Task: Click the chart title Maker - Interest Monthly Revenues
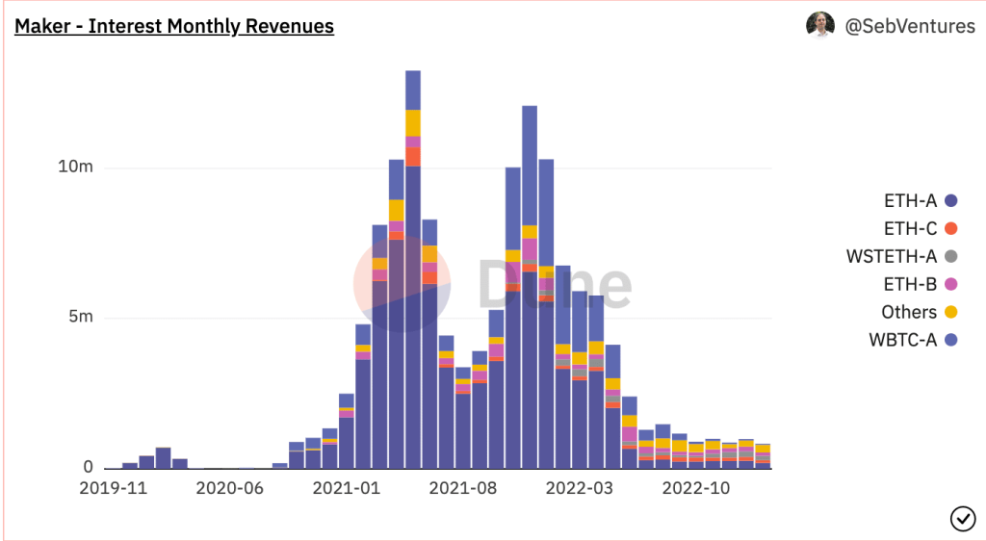coord(174,26)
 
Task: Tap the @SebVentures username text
coord(910,26)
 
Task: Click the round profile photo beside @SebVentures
coord(819,25)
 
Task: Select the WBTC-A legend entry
coord(912,339)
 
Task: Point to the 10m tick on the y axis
coord(76,167)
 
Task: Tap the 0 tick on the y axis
coord(88,468)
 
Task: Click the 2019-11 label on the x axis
coord(114,488)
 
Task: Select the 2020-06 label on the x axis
coord(230,488)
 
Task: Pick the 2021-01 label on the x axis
coord(347,488)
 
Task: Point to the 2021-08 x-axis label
coord(463,488)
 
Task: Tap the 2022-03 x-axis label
coord(580,488)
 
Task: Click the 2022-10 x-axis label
coord(696,488)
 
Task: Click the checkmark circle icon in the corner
coord(962,518)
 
